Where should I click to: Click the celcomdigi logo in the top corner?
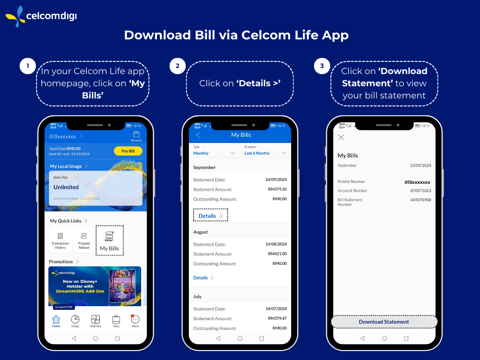pyautogui.click(x=41, y=16)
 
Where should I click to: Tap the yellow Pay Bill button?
pyautogui.click(x=128, y=151)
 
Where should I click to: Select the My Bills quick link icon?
pyautogui.click(x=110, y=240)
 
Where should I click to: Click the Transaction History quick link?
pyautogui.click(x=60, y=240)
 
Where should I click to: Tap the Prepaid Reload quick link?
pyautogui.click(x=84, y=240)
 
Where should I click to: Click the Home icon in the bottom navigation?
pyautogui.click(x=56, y=321)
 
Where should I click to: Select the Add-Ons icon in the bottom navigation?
pyautogui.click(x=96, y=321)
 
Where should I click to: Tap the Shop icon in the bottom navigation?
pyautogui.click(x=116, y=321)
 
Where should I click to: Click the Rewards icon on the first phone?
pyautogui.click(x=136, y=136)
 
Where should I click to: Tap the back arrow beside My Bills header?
pyautogui.click(x=198, y=135)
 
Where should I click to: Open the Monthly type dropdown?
pyautogui.click(x=214, y=153)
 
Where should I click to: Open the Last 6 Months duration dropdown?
pyautogui.click(x=265, y=153)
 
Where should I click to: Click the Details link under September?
pyautogui.click(x=210, y=216)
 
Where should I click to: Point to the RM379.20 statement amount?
pyautogui.click(x=277, y=189)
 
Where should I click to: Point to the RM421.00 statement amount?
pyautogui.click(x=277, y=254)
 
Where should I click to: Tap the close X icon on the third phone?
pyautogui.click(x=341, y=137)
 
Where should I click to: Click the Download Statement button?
pyautogui.click(x=384, y=322)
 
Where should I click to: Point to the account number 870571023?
pyautogui.click(x=420, y=191)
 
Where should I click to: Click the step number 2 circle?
pyautogui.click(x=177, y=66)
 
